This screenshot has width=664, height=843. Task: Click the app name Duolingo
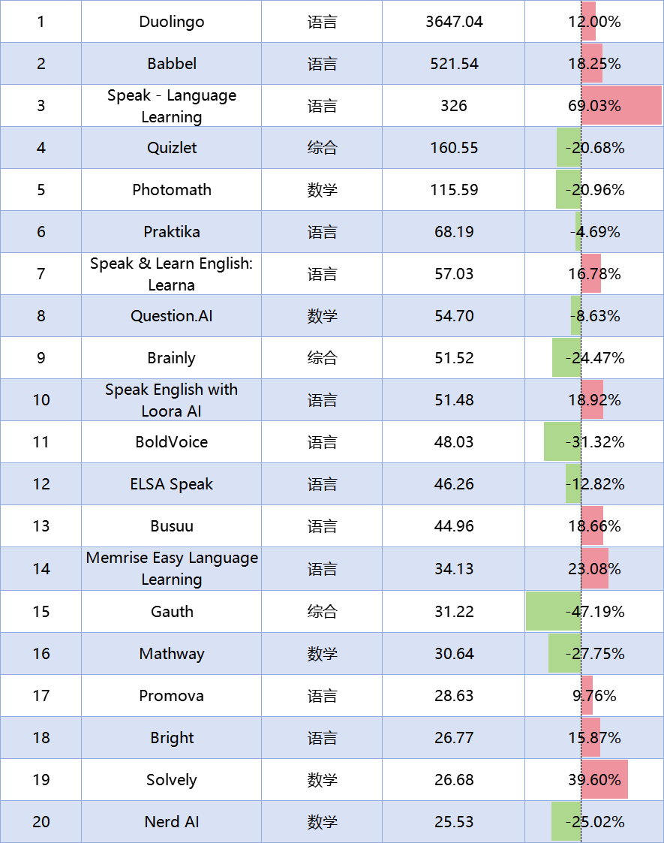coord(172,22)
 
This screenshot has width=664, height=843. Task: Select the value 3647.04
coord(454,22)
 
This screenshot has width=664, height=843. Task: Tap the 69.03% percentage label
coord(594,106)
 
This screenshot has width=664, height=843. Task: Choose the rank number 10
coord(41,400)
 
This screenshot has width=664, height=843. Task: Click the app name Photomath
coord(172,190)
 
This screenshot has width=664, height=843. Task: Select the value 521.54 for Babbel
coord(454,64)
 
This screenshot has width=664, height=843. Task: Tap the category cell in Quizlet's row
coord(322,148)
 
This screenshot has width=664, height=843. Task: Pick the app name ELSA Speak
coord(172,484)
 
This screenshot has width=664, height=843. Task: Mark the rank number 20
coord(41,822)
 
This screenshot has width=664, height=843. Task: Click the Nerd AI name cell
coord(172,822)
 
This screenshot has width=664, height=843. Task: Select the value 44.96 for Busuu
coord(454,526)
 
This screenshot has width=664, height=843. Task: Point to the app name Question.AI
coord(172,316)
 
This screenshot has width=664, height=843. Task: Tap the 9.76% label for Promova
coord(594,696)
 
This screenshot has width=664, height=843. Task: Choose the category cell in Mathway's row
coord(322,654)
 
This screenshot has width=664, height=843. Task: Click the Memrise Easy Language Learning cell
coord(172,568)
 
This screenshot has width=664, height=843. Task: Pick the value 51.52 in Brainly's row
coord(454,358)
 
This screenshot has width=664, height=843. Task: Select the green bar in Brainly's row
coord(564,358)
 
